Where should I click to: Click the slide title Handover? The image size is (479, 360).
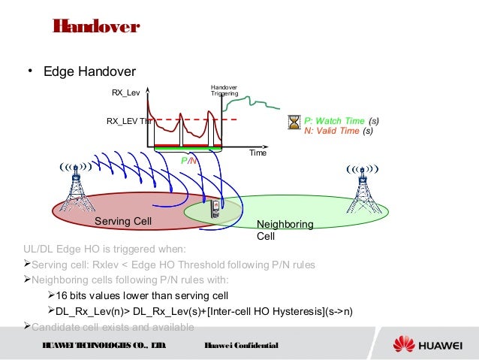[x=95, y=27]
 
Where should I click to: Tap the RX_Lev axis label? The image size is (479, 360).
[x=126, y=92]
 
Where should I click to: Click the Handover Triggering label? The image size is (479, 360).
[x=224, y=91]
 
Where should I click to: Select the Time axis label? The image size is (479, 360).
[x=258, y=153]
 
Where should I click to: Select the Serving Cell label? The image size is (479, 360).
[x=123, y=222]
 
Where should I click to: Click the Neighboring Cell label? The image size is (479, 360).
[x=285, y=230]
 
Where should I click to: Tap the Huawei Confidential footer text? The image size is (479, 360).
[x=242, y=345]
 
